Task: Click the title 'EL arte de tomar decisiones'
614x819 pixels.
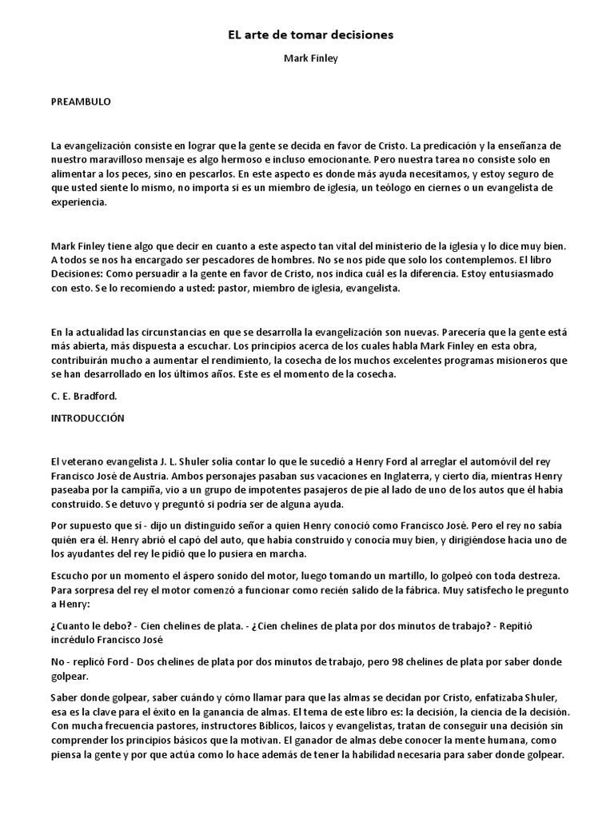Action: coord(306,35)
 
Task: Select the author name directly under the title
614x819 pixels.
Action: coord(306,58)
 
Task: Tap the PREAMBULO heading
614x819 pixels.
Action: coord(80,102)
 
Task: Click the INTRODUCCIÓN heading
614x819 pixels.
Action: coord(87,417)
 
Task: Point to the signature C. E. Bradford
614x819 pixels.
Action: coord(83,394)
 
